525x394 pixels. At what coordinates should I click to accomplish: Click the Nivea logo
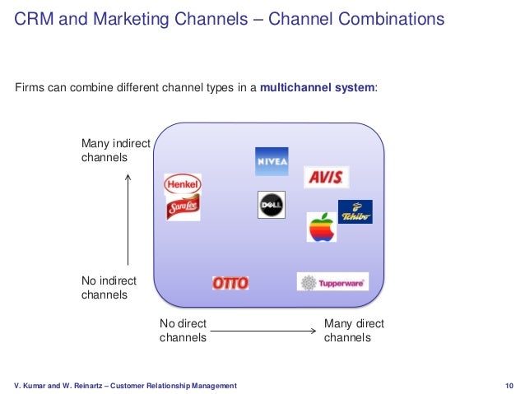pyautogui.click(x=272, y=161)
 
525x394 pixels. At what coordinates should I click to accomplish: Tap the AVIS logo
pyautogui.click(x=326, y=177)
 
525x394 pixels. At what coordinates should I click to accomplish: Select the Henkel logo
pyautogui.click(x=183, y=185)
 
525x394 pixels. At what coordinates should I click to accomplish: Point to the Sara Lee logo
pyautogui.click(x=183, y=208)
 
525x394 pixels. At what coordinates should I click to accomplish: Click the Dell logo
pyautogui.click(x=272, y=205)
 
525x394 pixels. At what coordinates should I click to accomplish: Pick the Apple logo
pyautogui.click(x=322, y=227)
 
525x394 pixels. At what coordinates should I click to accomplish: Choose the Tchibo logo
pyautogui.click(x=355, y=212)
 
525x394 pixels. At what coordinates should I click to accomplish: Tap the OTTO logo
pyautogui.click(x=230, y=283)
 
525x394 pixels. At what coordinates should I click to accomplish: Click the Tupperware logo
pyautogui.click(x=332, y=282)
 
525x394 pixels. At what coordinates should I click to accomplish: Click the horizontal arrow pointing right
pyautogui.click(x=263, y=331)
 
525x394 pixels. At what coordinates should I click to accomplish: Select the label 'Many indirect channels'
pyautogui.click(x=115, y=151)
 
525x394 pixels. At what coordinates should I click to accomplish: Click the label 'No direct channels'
pyautogui.click(x=183, y=331)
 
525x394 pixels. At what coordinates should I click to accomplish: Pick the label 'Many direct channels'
pyautogui.click(x=354, y=331)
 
